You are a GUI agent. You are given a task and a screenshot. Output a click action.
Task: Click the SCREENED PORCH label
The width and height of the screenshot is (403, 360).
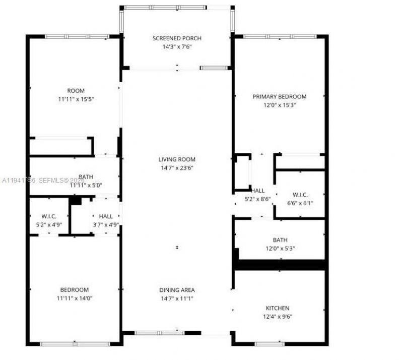177,38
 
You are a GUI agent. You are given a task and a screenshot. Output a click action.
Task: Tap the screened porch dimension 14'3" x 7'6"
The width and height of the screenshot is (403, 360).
177,46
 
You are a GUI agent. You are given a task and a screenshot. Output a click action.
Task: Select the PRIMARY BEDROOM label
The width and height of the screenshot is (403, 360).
280,97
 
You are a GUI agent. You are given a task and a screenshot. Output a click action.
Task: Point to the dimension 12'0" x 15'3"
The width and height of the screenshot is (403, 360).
280,105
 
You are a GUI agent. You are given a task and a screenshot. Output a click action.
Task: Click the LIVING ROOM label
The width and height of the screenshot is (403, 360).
177,160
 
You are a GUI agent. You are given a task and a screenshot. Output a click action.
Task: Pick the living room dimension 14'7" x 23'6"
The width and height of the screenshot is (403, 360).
177,168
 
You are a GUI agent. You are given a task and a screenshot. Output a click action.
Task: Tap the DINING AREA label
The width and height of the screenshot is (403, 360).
177,290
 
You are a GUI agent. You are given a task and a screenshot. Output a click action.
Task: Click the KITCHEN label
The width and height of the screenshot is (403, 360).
278,308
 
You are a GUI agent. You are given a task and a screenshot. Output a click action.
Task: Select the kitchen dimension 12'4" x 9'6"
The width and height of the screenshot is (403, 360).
278,317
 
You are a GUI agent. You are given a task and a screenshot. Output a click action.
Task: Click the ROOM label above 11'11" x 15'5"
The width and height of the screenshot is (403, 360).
76,91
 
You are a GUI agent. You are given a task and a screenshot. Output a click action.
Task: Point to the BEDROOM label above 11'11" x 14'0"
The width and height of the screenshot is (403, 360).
75,290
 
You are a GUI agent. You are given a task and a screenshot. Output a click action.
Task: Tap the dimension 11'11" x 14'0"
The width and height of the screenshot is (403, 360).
75,298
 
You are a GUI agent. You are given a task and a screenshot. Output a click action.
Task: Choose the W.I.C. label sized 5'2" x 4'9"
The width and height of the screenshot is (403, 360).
49,216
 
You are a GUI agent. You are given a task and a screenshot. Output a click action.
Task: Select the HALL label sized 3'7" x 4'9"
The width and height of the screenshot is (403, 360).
106,216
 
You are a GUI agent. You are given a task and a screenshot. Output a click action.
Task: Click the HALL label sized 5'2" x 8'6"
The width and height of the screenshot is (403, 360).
258,191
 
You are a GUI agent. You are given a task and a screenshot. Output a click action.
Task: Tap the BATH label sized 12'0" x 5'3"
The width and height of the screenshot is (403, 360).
280,241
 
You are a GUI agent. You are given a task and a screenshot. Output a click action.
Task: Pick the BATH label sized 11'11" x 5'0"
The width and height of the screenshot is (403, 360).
86,177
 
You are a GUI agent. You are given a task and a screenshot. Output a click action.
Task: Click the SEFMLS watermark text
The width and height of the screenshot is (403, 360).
53,180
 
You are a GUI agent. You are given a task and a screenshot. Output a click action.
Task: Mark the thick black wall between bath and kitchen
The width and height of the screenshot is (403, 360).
280,265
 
